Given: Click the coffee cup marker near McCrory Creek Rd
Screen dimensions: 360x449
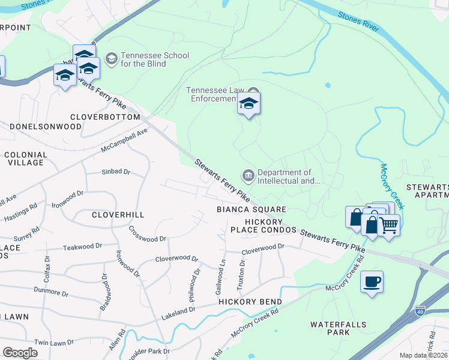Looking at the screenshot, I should (372, 281).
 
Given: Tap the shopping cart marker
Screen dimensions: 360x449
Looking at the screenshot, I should (390, 226).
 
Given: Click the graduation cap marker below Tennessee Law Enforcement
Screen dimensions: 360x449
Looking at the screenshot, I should (249, 104).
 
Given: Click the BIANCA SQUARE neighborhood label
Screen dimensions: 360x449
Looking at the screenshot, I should (252, 209).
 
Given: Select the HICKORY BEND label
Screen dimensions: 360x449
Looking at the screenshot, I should (250, 301).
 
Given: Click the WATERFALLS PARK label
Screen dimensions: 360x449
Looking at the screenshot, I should (339, 328).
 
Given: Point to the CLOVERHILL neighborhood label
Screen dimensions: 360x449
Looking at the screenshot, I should (119, 214).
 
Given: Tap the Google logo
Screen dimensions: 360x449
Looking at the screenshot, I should (20, 353).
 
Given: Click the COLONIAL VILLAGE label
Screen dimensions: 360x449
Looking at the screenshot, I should (25, 158).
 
